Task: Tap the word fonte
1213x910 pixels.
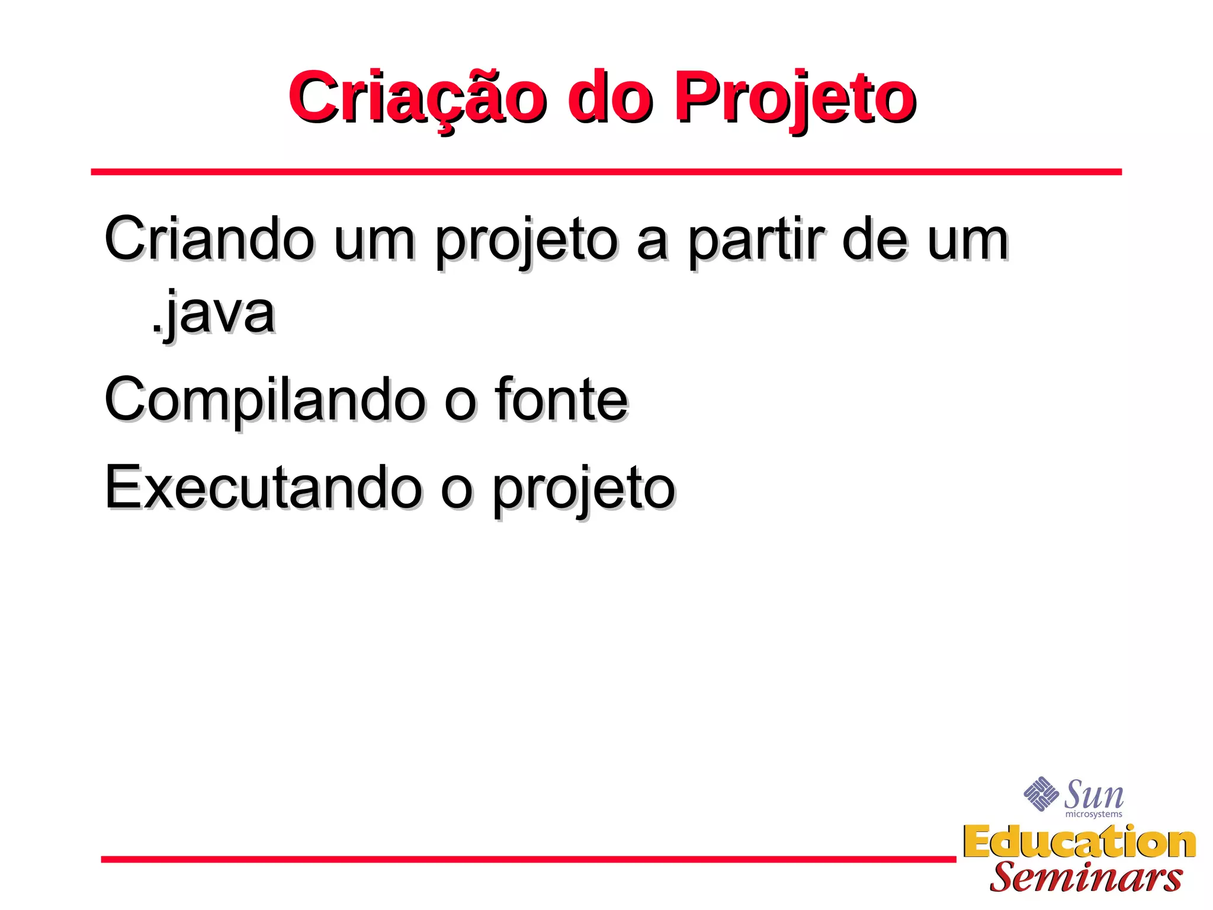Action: click(x=561, y=400)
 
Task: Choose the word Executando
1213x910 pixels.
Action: click(x=263, y=488)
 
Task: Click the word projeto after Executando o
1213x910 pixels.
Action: click(x=584, y=491)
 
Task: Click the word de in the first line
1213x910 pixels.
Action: click(x=875, y=239)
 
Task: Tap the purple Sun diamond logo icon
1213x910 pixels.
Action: click(x=1041, y=793)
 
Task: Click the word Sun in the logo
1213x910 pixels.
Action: click(x=1093, y=794)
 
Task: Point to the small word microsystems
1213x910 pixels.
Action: click(x=1093, y=815)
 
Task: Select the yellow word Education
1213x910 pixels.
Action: click(x=1079, y=842)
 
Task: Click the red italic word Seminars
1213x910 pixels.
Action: click(x=1086, y=877)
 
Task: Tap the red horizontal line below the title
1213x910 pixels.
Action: click(x=606, y=172)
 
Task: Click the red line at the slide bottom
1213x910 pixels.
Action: click(x=528, y=859)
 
